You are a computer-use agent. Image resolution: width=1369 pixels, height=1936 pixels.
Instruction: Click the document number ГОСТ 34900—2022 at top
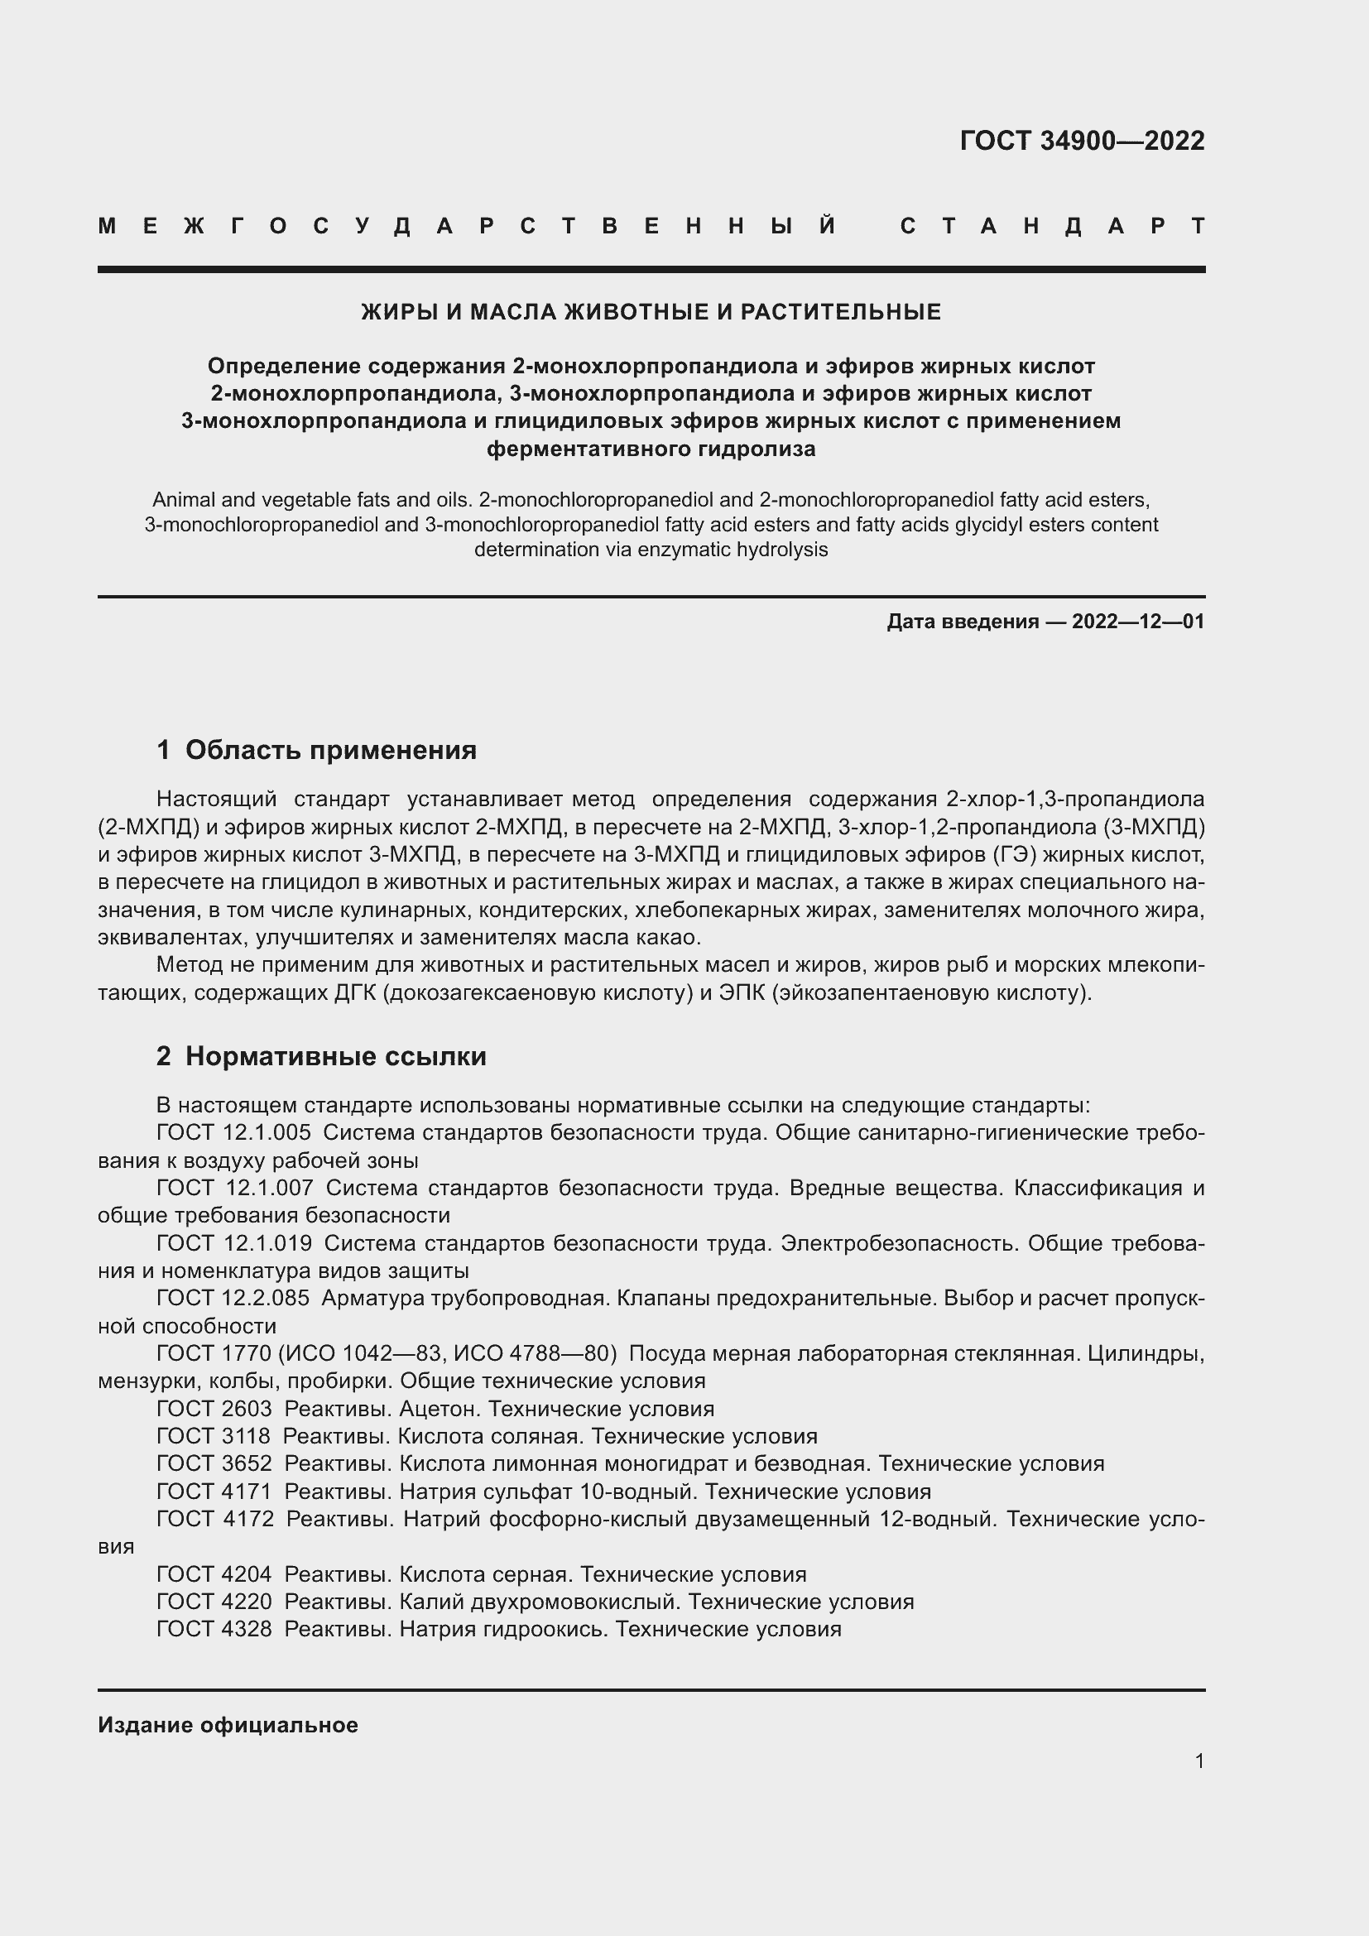1082,141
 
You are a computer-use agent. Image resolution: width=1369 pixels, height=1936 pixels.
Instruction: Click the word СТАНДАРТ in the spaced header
1052,226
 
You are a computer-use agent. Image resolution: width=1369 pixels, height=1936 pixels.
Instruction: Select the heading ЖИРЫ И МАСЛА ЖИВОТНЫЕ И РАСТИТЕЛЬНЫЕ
651,312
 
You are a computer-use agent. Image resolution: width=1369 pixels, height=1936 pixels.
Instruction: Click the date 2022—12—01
1138,622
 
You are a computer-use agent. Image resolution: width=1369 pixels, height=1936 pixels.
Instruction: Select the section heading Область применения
330,750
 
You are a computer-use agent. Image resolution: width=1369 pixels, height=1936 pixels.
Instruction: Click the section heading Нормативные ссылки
335,1056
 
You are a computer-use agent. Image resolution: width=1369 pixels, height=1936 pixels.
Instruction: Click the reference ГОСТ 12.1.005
233,1132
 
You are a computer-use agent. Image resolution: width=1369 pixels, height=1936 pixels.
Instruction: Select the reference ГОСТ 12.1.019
233,1243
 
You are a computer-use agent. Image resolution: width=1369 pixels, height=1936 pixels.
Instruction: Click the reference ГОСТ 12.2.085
233,1298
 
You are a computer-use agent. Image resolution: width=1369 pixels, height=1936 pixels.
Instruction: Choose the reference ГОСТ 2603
214,1409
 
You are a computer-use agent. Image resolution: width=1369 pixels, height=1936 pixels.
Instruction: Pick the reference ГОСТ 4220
214,1602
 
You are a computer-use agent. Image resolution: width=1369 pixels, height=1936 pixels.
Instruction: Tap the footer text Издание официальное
228,1725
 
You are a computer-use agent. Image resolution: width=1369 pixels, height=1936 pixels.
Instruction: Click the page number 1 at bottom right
1198,1761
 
